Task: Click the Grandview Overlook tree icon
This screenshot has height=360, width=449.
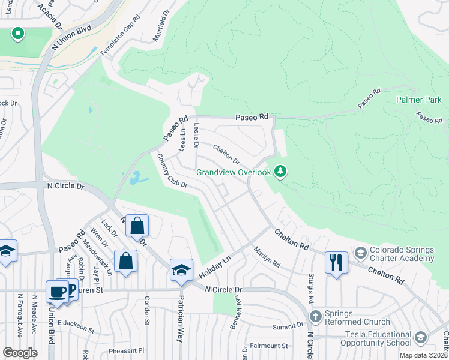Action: coord(280,173)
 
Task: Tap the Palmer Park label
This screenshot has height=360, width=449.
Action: coord(418,100)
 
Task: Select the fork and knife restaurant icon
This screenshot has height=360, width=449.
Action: coord(336,262)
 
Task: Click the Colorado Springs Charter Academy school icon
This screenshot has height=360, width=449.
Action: coord(360,251)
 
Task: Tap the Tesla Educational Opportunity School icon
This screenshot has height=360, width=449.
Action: coord(420,337)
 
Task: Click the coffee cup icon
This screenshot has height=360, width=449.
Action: coord(58,291)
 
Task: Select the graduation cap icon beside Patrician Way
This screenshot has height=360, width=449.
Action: coord(181,269)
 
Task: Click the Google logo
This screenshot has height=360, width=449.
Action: coord(20,353)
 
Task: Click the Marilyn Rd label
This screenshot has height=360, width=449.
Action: coord(267,257)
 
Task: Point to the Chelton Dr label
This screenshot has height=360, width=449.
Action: coord(226,154)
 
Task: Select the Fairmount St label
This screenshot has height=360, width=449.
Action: coord(269,346)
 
